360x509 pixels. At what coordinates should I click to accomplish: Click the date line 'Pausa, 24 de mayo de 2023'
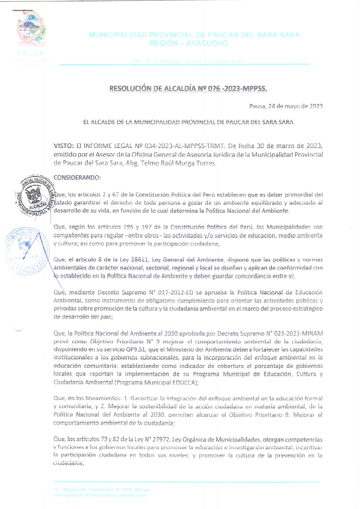(286, 106)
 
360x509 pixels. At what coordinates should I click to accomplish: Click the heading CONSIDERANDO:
(77, 178)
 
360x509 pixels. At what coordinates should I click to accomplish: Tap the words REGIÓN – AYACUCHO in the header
(188, 43)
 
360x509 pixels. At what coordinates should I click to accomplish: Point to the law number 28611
(140, 260)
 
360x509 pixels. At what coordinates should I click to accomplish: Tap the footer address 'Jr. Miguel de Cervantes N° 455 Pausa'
(102, 490)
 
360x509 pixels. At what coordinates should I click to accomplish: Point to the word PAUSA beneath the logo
(30, 53)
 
